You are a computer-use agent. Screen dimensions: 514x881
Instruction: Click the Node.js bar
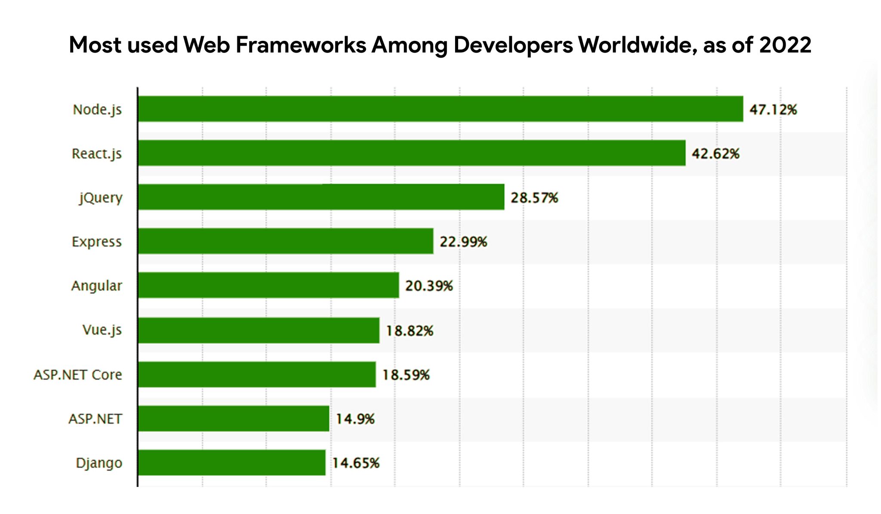[x=440, y=109]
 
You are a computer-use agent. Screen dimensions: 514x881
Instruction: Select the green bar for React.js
[x=412, y=153]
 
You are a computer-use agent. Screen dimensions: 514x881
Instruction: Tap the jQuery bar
[x=321, y=197]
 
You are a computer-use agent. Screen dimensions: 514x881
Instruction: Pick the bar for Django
[x=231, y=462]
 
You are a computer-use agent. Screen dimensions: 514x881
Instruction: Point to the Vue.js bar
[x=259, y=330]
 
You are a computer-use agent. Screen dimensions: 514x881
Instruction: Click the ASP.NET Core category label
[x=78, y=375]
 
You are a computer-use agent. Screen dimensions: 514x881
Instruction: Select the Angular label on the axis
[x=96, y=286]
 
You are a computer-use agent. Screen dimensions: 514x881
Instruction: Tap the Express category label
[x=96, y=242]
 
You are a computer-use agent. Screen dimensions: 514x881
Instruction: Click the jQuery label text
[x=101, y=198]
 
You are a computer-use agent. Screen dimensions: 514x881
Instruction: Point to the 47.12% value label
[x=773, y=110]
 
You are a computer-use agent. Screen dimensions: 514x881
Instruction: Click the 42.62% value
[x=715, y=154]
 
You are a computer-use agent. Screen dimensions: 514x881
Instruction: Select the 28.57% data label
[x=534, y=198]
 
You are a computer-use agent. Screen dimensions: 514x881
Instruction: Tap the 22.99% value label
[x=463, y=242]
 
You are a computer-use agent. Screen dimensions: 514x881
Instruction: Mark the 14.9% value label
[x=355, y=419]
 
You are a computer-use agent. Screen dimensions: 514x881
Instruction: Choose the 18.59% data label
[x=406, y=375]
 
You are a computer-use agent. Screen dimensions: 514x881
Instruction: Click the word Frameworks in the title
[x=301, y=45]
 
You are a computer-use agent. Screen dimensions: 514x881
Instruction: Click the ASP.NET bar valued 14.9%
[x=234, y=419]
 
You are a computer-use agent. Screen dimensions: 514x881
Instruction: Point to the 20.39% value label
[x=429, y=286]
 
